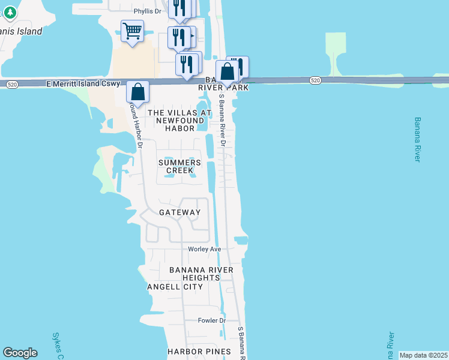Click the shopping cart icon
tap(132, 31)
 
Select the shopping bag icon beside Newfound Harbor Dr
tap(137, 92)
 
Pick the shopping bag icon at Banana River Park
tap(227, 71)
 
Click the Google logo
tap(20, 353)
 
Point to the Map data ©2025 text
tap(423, 355)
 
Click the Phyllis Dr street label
tap(148, 11)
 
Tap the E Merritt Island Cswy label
tap(83, 85)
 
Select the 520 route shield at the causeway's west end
tap(11, 85)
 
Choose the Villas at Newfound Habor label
tap(179, 121)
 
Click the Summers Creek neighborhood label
tap(179, 166)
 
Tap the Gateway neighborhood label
tap(179, 212)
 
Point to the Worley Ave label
tap(205, 249)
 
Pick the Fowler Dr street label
tap(211, 320)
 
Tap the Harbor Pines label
tap(199, 352)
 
